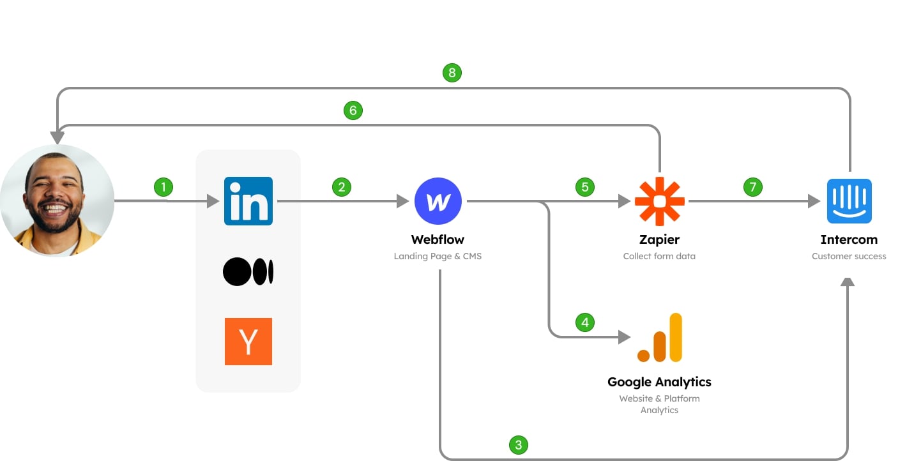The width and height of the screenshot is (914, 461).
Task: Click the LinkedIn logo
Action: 248,201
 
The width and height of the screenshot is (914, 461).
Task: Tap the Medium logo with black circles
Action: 248,272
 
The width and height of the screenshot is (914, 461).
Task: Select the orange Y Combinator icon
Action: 248,342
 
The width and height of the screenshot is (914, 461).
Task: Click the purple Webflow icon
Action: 438,201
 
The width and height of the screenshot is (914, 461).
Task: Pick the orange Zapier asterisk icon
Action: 659,201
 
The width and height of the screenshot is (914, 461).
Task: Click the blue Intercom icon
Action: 849,201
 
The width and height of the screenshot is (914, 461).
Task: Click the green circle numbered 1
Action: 164,187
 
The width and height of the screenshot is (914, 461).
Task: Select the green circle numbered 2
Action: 342,187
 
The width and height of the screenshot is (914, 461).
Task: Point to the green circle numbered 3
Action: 518,444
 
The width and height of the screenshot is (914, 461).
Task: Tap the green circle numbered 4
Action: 585,322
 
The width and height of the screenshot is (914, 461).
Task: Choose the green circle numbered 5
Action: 584,187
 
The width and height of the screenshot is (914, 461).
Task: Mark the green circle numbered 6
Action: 353,110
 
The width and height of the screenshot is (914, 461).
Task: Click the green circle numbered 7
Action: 753,187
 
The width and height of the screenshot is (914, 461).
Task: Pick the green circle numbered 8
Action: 452,73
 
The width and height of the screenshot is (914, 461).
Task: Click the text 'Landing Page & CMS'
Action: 438,256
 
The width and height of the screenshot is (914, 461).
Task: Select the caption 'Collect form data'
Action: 659,256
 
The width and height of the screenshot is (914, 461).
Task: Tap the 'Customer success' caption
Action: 849,256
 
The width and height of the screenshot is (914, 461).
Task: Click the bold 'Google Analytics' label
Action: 659,382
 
